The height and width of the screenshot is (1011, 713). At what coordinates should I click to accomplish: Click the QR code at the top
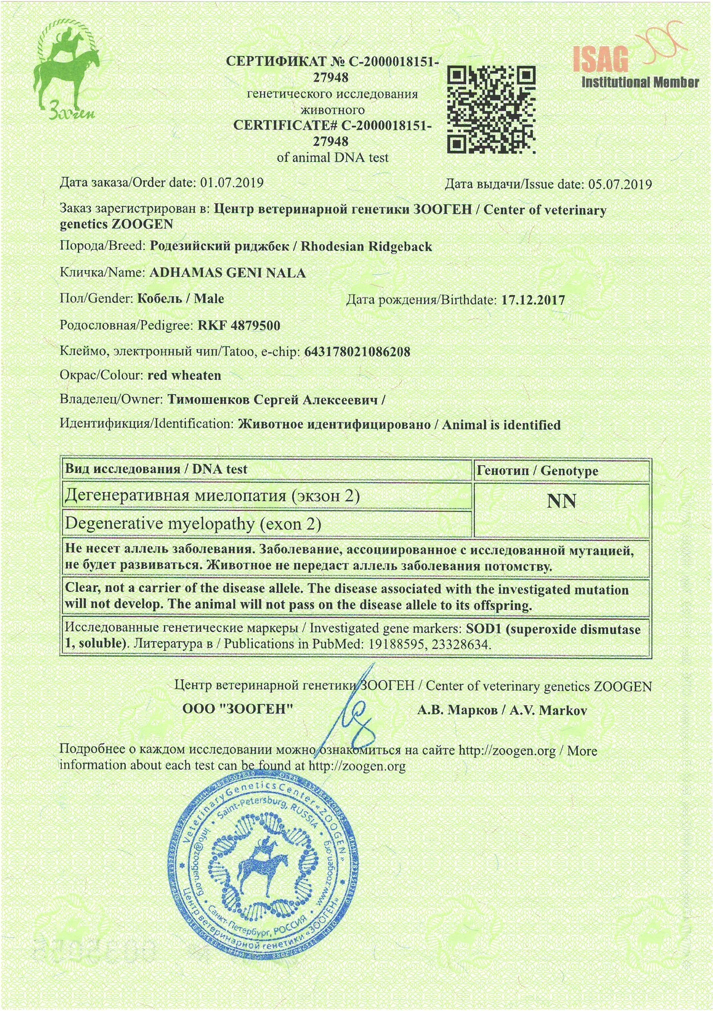491,109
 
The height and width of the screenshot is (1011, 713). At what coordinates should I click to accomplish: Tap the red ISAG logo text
601,60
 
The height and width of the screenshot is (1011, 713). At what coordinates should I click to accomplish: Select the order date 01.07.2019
232,183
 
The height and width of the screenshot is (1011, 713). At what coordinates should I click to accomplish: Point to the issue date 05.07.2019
620,185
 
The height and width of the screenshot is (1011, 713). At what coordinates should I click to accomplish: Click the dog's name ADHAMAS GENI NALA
227,273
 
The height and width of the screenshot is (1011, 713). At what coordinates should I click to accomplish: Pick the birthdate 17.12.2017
533,301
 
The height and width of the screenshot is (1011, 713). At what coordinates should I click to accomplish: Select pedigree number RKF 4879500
239,326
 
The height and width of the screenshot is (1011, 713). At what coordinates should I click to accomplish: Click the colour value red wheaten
184,376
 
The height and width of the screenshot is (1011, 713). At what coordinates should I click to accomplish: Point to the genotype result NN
561,502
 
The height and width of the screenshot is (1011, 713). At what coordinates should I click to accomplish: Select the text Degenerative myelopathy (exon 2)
193,524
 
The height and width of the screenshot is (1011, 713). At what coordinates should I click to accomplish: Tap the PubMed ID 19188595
396,645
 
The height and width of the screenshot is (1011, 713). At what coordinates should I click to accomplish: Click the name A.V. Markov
548,710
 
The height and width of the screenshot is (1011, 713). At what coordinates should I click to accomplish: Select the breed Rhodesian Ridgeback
366,246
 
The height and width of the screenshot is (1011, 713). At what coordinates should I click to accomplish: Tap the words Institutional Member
640,82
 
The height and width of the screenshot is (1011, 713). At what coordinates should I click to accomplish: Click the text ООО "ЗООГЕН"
237,709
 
